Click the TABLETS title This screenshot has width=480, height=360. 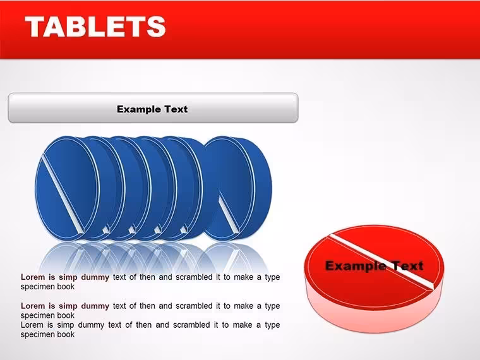tap(95, 27)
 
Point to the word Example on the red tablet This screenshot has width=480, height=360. tap(352, 266)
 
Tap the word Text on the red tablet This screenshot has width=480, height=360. tap(404, 266)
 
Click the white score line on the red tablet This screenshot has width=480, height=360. tap(381, 262)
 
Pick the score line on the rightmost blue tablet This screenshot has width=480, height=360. tap(229, 213)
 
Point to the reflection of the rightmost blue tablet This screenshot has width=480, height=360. tap(233, 258)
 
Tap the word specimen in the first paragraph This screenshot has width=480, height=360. tap(35, 287)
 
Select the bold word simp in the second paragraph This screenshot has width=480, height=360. tap(68, 306)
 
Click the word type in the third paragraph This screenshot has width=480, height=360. tap(272, 325)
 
